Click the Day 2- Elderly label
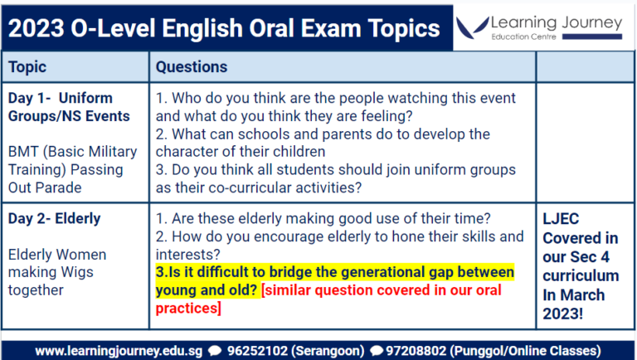point(54,219)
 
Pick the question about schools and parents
point(323,143)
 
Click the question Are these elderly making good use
point(323,219)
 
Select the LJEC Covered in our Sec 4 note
point(580,265)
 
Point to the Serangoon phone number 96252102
point(257,350)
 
